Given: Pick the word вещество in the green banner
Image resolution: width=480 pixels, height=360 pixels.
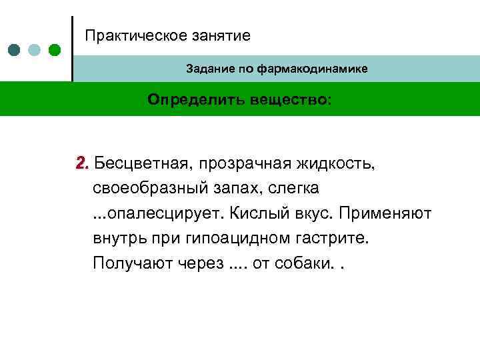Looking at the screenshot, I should [x=289, y=99].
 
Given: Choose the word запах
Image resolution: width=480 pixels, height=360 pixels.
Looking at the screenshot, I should [x=236, y=188].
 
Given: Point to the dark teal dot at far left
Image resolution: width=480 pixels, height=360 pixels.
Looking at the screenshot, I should [x=15, y=50].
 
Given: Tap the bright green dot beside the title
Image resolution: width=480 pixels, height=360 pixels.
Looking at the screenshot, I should [x=55, y=50].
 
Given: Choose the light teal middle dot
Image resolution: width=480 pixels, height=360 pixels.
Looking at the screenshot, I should [x=35, y=50].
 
